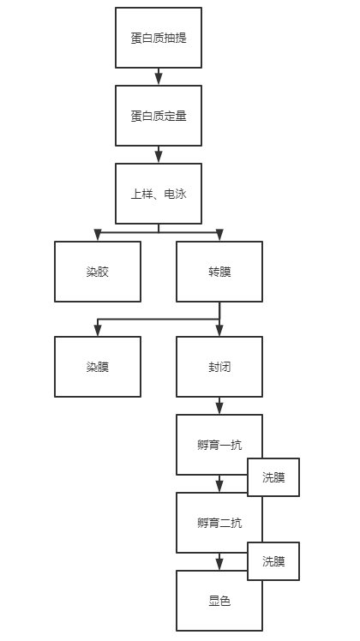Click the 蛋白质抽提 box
[159, 38]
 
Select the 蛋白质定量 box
[159, 116]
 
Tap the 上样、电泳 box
[159, 194]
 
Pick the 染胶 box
[98, 272]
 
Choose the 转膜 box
[219, 272]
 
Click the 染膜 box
[98, 366]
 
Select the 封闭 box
[219, 366]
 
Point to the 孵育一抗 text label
[219, 444]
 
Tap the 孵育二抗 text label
[219, 522]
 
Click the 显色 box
[219, 602]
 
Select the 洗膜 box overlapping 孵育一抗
[274, 478]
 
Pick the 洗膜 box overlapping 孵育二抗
[274, 561]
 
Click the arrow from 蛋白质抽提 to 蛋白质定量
[159, 76]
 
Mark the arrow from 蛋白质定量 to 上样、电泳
[159, 154]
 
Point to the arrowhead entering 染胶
[98, 236]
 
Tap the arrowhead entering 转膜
[219, 236]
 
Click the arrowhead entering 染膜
[98, 331]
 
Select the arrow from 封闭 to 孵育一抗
[219, 405]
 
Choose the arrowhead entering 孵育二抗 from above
[219, 487]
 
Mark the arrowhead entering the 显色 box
[219, 565]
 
